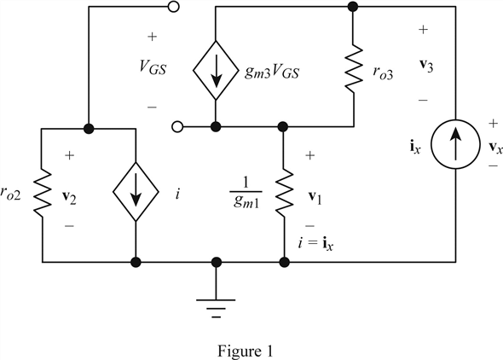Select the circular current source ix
(455, 144)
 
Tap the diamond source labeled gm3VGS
(216, 70)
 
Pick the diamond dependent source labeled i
(136, 192)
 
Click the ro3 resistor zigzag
(354, 67)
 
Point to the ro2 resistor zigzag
(42, 194)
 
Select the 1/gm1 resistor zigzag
(284, 192)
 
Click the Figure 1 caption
(246, 351)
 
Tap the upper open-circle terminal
(174, 7)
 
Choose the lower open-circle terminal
(177, 127)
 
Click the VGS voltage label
(153, 67)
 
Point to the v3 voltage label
(426, 66)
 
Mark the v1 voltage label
(315, 197)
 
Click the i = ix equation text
(316, 244)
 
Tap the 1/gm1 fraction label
(246, 193)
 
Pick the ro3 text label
(383, 73)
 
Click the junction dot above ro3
(353, 7)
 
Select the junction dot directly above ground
(217, 262)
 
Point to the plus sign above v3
(423, 30)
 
